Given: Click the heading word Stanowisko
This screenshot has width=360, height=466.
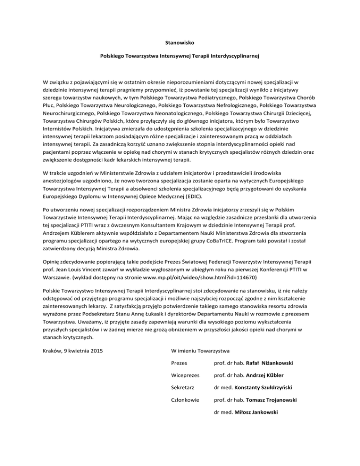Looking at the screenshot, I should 180,42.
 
